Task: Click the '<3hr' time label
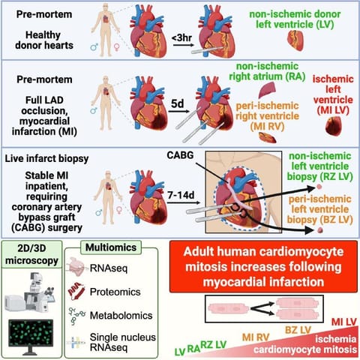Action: (182, 38)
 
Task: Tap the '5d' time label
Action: (177, 103)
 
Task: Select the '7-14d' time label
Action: (181, 195)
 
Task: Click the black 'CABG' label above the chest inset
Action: (180, 155)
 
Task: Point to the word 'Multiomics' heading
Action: (111, 247)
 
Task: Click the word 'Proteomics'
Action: (115, 292)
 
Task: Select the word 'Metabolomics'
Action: (121, 316)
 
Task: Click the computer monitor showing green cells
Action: (31, 336)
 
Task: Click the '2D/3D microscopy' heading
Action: (31, 254)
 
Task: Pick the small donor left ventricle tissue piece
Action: (295, 40)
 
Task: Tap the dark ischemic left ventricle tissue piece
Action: (333, 126)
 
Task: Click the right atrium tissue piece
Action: (267, 91)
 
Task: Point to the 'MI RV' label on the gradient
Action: (256, 337)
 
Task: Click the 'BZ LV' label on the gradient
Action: (298, 330)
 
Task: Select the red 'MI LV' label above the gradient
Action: (343, 322)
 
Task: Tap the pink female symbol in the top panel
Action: (116, 46)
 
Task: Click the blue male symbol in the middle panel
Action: (94, 110)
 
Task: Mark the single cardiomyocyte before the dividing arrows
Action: (229, 308)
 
